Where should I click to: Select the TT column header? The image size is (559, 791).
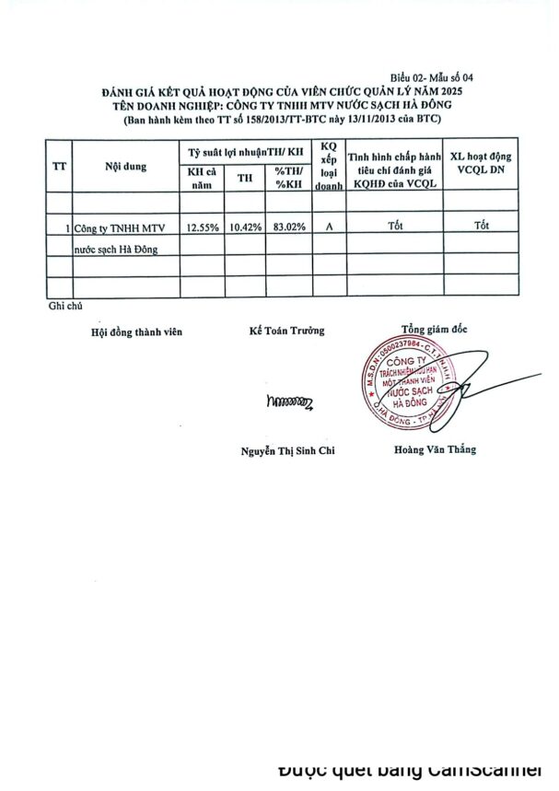point(59,166)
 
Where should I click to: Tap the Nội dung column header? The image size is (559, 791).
point(125,166)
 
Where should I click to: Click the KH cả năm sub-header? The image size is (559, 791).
point(202,177)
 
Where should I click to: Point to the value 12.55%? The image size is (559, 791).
point(202,226)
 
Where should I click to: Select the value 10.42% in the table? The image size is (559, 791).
point(245,226)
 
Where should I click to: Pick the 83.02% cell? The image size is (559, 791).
point(290,226)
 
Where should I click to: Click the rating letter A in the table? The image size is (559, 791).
point(329,226)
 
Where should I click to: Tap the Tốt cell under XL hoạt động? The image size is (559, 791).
point(482,225)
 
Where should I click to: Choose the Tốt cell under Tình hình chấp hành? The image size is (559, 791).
point(396,225)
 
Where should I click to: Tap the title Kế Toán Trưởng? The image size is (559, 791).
point(286,331)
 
